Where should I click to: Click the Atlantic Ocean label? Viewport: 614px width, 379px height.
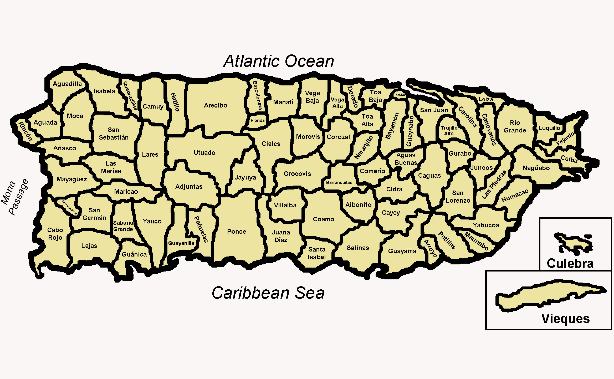point(279,61)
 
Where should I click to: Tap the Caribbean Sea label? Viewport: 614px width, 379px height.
point(268,293)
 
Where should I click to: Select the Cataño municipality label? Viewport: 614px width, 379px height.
point(399,95)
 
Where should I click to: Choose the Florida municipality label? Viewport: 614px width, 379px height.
point(258,120)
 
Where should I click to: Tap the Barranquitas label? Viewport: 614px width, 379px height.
point(339,182)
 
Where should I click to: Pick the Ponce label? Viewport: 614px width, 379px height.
point(237,232)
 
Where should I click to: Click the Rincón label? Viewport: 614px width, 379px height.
point(25,131)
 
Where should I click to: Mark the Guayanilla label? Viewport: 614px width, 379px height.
point(181,243)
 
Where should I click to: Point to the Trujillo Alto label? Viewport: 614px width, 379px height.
point(449,131)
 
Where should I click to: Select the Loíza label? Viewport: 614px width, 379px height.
point(486,99)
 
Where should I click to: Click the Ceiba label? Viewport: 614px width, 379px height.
point(569,159)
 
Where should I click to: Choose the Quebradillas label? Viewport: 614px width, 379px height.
point(130,95)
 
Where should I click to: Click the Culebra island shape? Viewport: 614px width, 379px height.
point(573,243)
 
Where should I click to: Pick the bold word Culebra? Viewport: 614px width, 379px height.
point(570,263)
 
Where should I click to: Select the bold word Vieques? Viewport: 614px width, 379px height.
point(565,319)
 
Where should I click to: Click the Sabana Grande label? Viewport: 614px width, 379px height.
point(123,226)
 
